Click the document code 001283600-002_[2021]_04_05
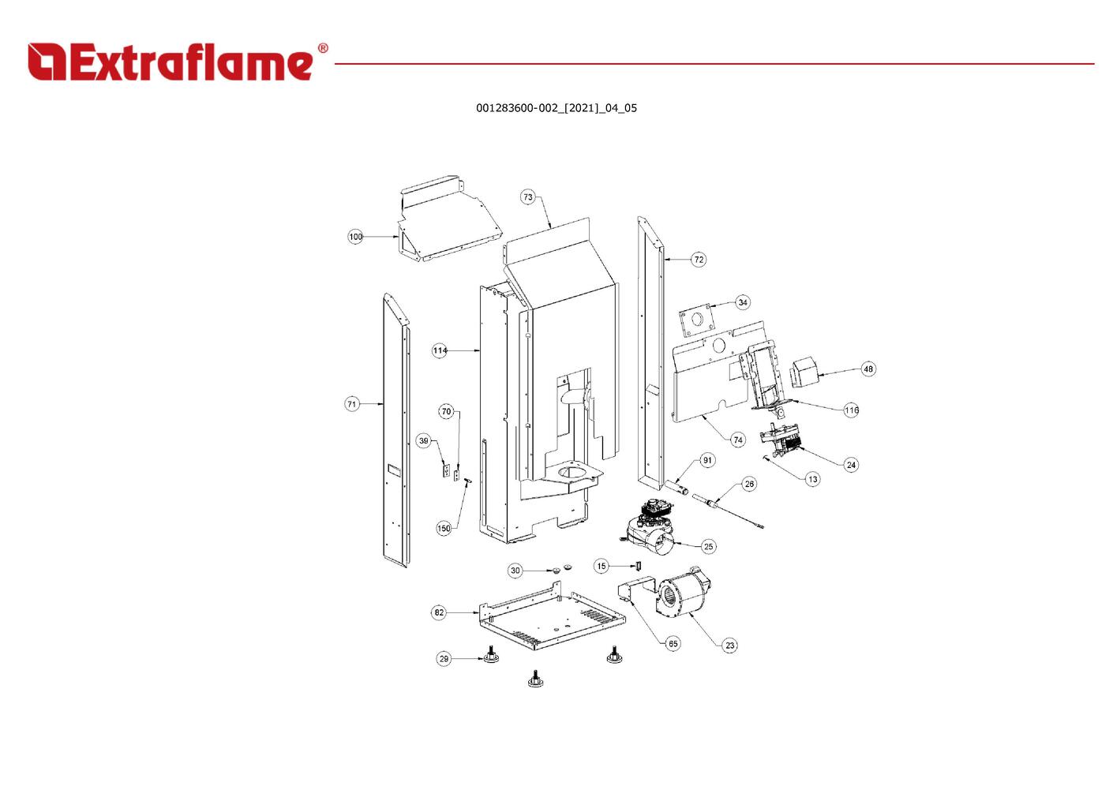click(x=556, y=108)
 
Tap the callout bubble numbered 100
click(x=356, y=237)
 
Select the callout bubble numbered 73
click(x=528, y=197)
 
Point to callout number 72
click(x=699, y=260)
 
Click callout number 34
click(x=743, y=302)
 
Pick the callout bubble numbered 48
click(x=868, y=369)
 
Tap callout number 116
click(x=851, y=410)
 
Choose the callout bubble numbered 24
click(x=851, y=465)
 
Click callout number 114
click(x=440, y=350)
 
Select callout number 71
click(x=352, y=404)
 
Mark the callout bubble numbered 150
click(x=444, y=529)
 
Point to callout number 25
click(x=708, y=546)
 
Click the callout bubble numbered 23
click(x=730, y=646)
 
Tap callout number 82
click(x=439, y=612)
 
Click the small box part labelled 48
click(x=804, y=373)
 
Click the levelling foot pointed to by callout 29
click(x=492, y=657)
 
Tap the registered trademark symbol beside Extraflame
click(x=322, y=49)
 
